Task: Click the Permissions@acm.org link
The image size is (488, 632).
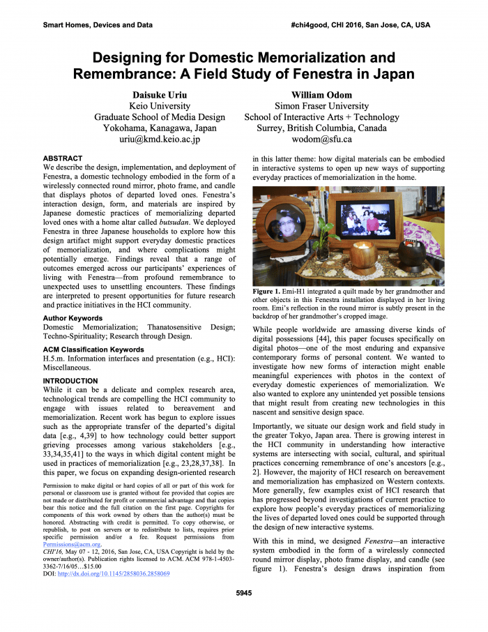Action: coord(72,545)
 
